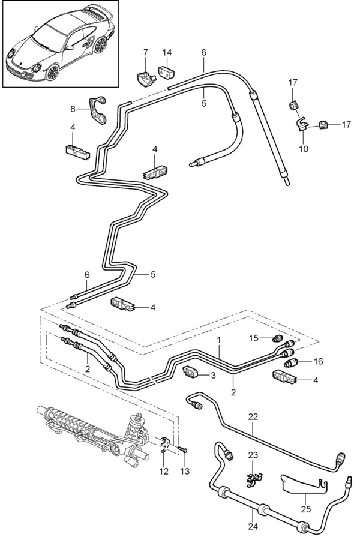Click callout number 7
pos(145,53)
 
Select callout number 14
pos(167,53)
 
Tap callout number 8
pos(73,109)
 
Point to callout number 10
pos(304,148)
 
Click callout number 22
pos(253,416)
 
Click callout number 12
pos(163,472)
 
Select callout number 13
pos(185,472)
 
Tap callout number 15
pos(254,338)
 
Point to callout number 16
pos(319,361)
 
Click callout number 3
pos(212,376)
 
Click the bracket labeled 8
pos(97,109)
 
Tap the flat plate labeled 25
pos(303,482)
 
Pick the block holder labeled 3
pos(192,373)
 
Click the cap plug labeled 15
pos(278,339)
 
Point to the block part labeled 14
pos(167,73)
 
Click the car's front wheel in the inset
pos(53,72)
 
